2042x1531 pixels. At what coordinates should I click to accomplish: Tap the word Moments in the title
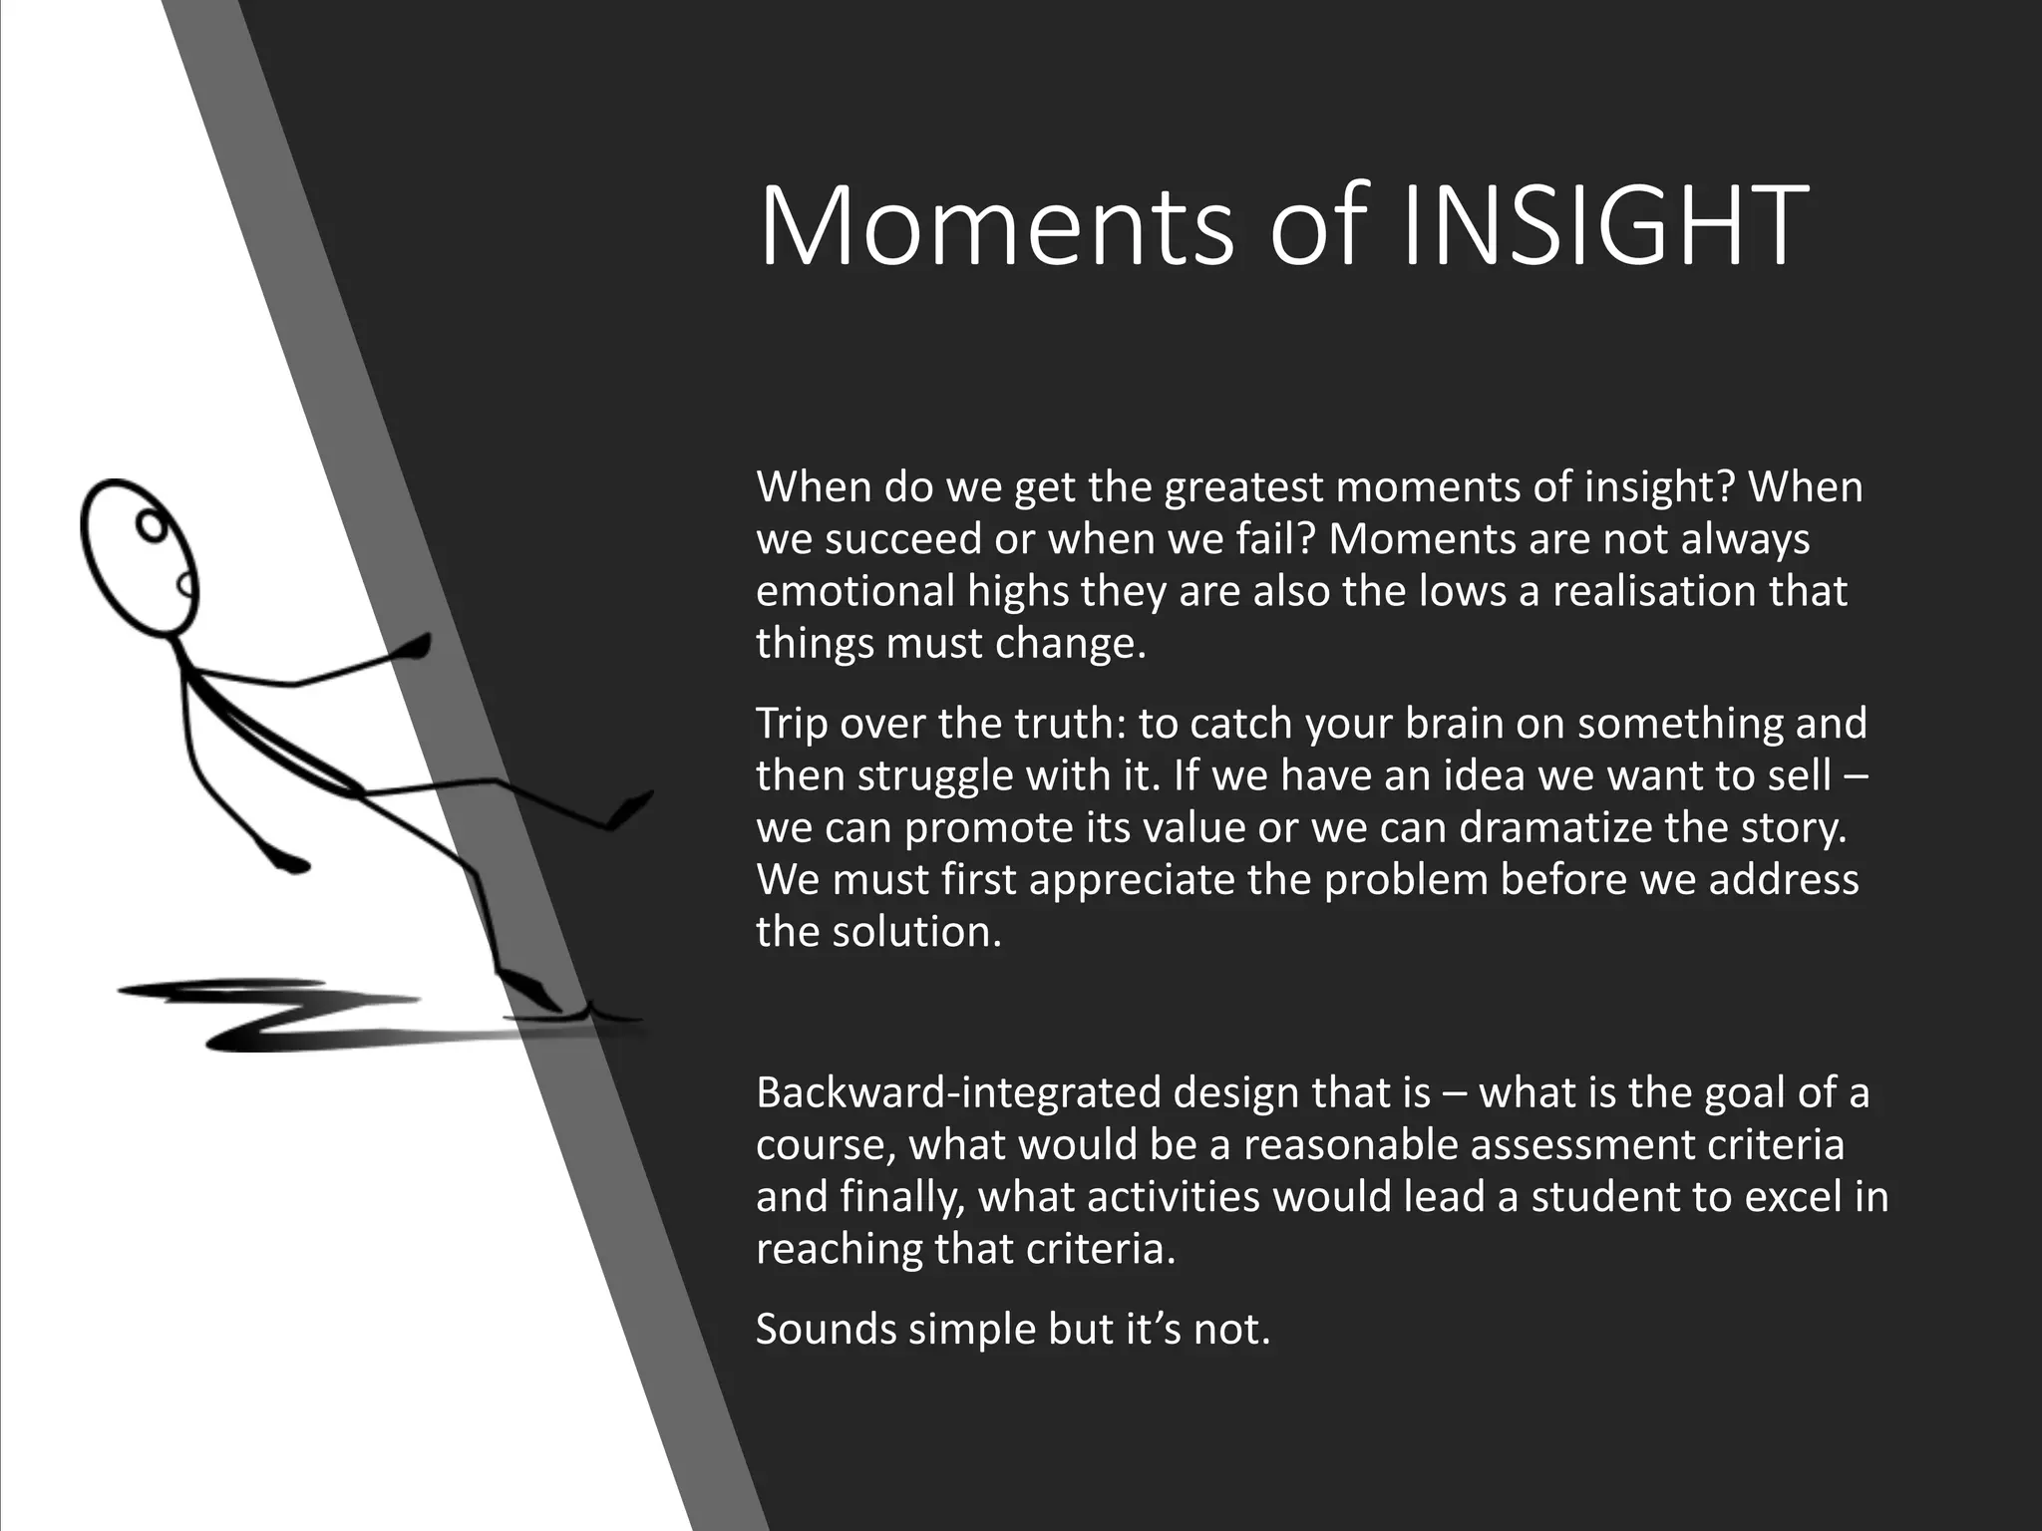pyautogui.click(x=997, y=227)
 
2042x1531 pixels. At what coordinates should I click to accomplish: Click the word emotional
pyautogui.click(x=854, y=591)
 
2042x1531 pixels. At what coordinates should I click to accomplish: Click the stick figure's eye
pyautogui.click(x=150, y=524)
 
